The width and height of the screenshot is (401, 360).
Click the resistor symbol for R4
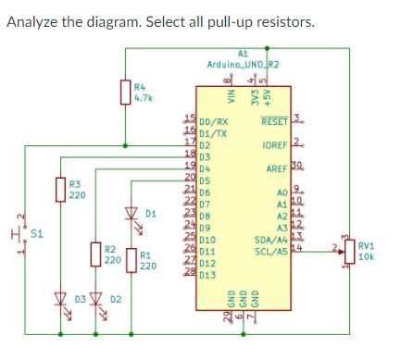click(126, 92)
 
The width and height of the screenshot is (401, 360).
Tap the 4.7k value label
click(144, 96)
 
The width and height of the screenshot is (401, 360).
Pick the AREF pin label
click(279, 170)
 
